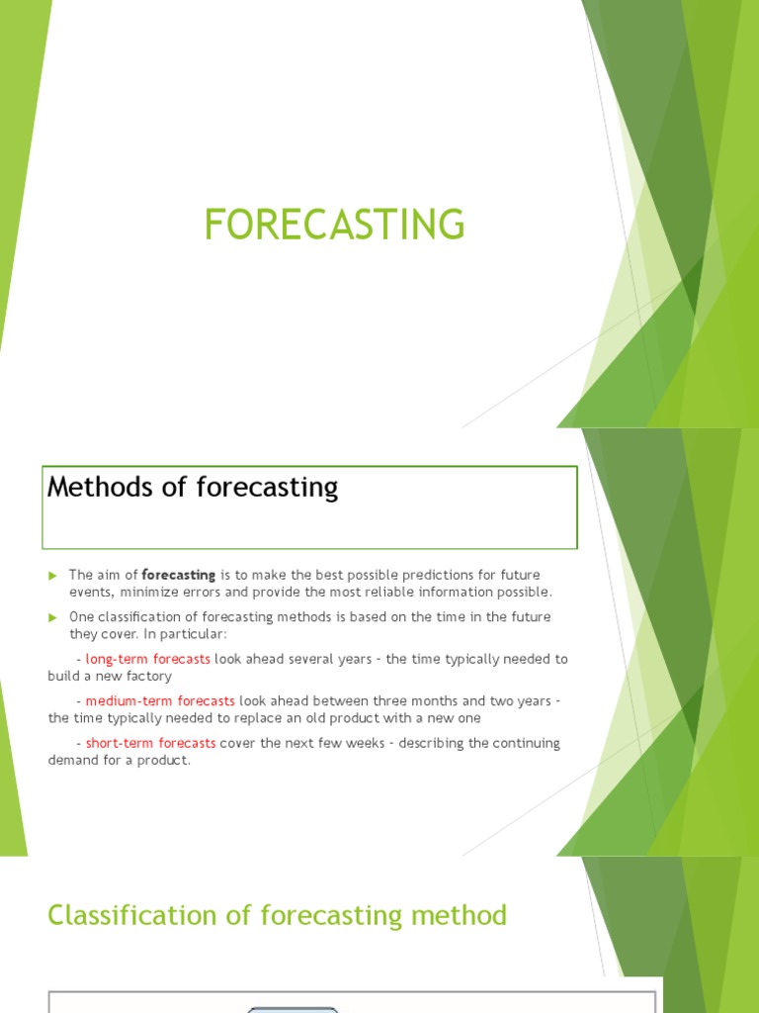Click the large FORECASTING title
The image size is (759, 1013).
(334, 225)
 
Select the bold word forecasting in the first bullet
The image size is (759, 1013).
(179, 575)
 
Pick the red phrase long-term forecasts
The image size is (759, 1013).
(147, 659)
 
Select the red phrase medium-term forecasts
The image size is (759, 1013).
(160, 701)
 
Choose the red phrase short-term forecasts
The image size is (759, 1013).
(150, 743)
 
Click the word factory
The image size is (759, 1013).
(149, 676)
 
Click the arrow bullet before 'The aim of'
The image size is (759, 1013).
(53, 576)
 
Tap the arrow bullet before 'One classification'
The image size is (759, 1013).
(53, 617)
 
